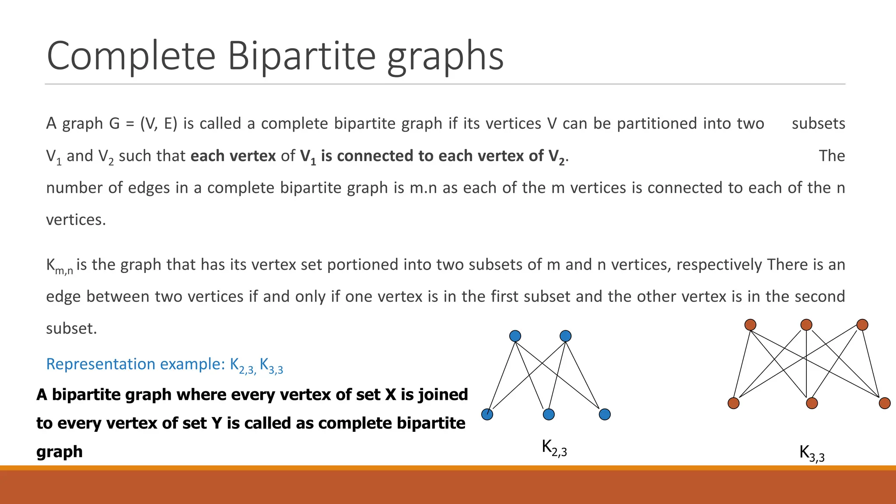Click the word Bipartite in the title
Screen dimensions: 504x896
tap(301, 56)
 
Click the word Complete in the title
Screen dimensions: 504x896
tap(131, 56)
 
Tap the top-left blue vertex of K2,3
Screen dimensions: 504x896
tap(515, 336)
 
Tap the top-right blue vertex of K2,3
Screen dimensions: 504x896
tap(565, 336)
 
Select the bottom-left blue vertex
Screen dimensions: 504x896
tap(487, 414)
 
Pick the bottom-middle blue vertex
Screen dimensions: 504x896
tap(549, 414)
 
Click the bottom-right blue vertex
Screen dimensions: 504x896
tap(605, 414)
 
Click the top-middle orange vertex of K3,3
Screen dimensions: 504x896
tap(806, 325)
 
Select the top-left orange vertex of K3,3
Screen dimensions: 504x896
tap(750, 325)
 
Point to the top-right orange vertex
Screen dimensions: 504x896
tap(862, 325)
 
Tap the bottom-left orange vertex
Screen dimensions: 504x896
tap(734, 403)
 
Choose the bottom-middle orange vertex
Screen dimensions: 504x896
tap(812, 403)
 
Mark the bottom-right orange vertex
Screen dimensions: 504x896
tap(885, 403)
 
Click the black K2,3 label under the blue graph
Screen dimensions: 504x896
tap(554, 448)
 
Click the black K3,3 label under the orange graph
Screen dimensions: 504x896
tap(812, 453)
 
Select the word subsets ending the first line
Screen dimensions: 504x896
tap(818, 123)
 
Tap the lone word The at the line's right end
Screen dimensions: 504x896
tap(832, 156)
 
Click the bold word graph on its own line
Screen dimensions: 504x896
tap(59, 451)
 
